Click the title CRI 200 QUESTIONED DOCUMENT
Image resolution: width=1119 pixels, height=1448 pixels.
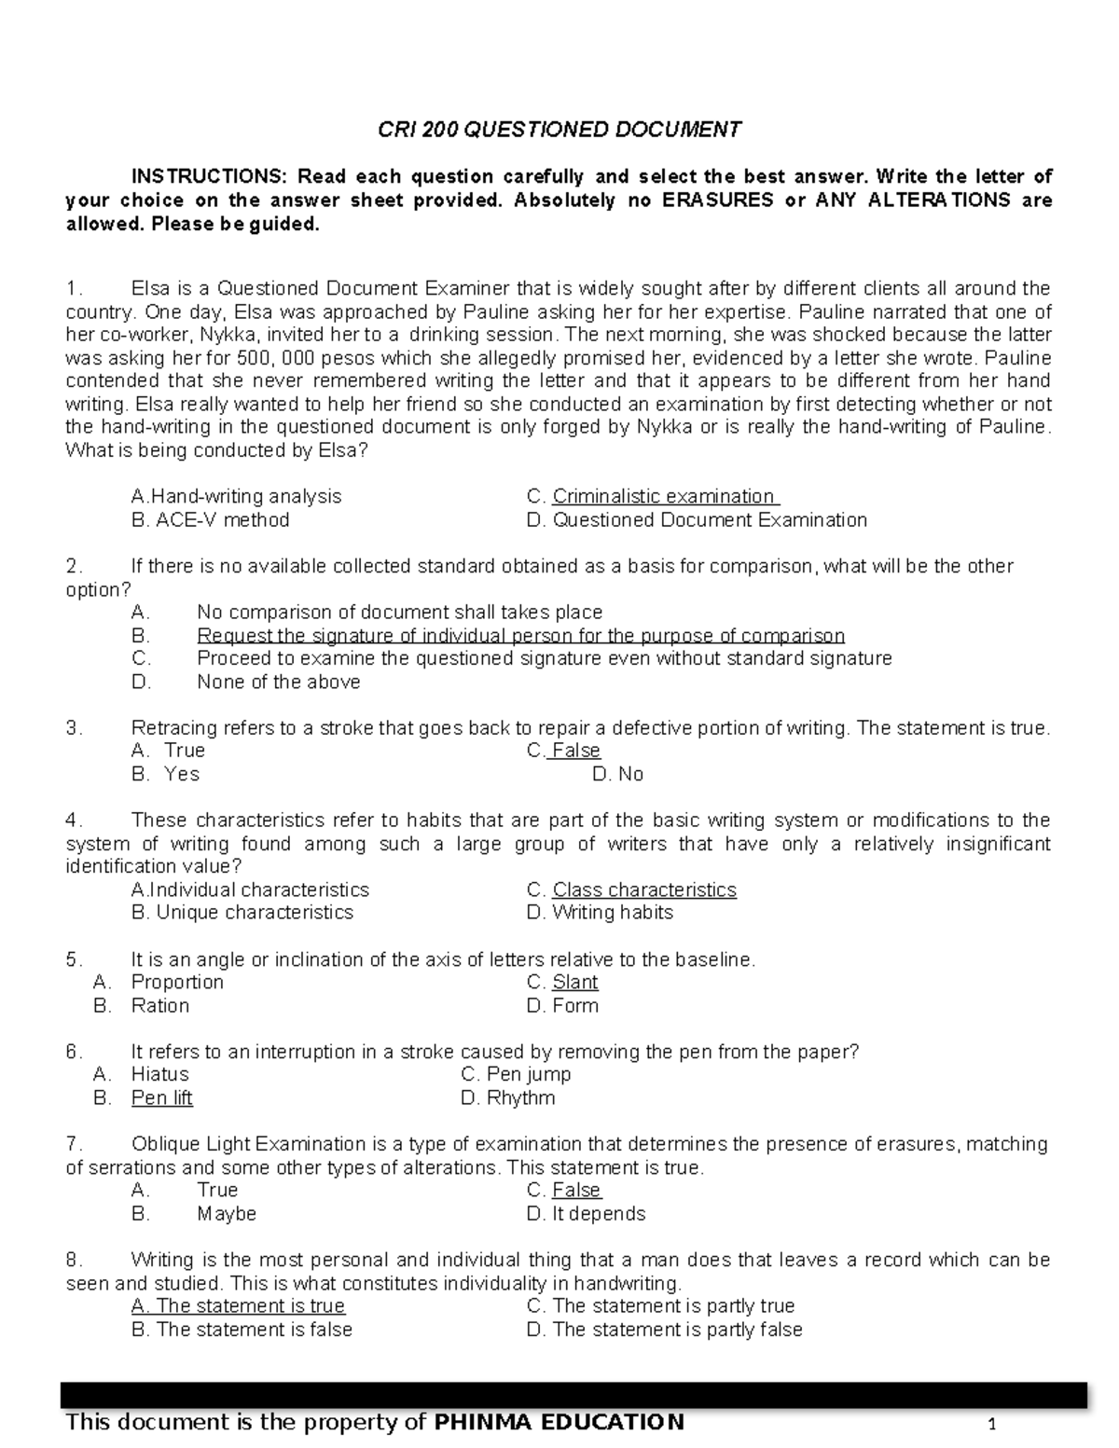(x=559, y=130)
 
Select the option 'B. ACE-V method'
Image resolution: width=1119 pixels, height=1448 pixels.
(x=211, y=520)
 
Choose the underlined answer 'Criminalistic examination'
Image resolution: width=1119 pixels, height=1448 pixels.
(x=665, y=497)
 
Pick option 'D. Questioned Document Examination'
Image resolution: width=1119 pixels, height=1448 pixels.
(x=697, y=520)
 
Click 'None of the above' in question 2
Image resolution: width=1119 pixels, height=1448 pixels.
(x=278, y=683)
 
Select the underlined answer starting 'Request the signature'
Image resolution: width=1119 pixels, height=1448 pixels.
(x=520, y=636)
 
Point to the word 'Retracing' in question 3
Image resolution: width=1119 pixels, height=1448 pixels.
(x=173, y=728)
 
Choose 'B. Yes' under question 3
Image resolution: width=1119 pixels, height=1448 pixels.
(x=166, y=774)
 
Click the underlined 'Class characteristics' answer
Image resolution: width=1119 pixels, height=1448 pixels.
(x=643, y=890)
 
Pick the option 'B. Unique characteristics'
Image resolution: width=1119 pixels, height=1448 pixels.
(x=242, y=913)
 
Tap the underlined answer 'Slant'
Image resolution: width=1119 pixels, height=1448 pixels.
(x=574, y=983)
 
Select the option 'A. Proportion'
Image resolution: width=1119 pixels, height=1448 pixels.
(x=159, y=983)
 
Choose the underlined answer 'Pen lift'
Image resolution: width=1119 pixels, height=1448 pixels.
(x=161, y=1098)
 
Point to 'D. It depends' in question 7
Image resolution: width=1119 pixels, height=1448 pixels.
(x=586, y=1214)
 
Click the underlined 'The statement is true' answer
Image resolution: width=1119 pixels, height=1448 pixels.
(x=239, y=1306)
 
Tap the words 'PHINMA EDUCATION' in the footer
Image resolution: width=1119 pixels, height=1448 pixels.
(x=559, y=1422)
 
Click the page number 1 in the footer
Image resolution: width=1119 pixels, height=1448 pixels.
(x=993, y=1425)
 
